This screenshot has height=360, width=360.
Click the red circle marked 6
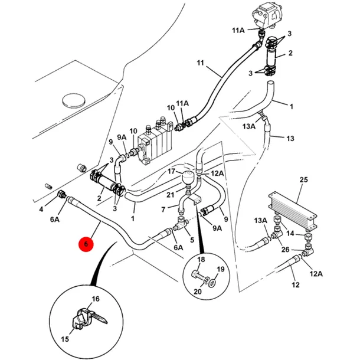click(x=86, y=244)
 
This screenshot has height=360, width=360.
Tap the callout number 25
click(x=303, y=179)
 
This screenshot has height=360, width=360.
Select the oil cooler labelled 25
click(x=293, y=210)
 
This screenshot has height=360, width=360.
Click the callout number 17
click(x=171, y=171)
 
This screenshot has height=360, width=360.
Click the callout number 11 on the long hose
click(x=200, y=63)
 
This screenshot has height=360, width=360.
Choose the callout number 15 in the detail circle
click(x=65, y=339)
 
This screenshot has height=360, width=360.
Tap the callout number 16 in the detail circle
click(x=96, y=299)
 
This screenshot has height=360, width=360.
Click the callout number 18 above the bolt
click(x=201, y=260)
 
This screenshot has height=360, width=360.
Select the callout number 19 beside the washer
click(x=221, y=269)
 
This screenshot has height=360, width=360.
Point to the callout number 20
click(x=198, y=292)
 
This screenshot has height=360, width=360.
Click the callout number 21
click(x=170, y=195)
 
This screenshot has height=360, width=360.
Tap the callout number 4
click(x=41, y=209)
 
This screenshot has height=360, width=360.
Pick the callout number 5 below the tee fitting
click(x=192, y=240)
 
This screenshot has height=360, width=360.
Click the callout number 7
click(x=163, y=210)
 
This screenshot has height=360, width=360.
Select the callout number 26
click(x=285, y=249)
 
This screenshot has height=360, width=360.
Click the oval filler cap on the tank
click(x=74, y=100)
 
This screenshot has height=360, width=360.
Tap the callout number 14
click(x=290, y=234)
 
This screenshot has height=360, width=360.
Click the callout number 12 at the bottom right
click(x=296, y=285)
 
